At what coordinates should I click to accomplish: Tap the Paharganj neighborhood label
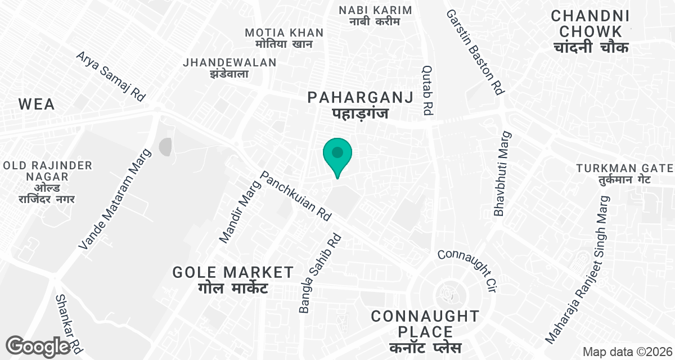[x=360, y=105]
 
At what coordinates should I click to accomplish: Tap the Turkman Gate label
[x=624, y=174]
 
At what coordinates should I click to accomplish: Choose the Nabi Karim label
[x=375, y=16]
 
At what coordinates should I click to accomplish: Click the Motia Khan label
[x=284, y=38]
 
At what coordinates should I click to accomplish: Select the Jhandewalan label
[x=229, y=67]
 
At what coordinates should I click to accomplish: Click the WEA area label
[x=37, y=104]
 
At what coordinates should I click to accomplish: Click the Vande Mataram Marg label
[x=115, y=200]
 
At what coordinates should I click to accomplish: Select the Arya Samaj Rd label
[x=111, y=76]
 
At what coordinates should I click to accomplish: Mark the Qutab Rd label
[x=427, y=89]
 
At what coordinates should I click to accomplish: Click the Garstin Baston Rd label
[x=475, y=52]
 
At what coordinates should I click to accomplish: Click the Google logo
[x=38, y=346]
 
